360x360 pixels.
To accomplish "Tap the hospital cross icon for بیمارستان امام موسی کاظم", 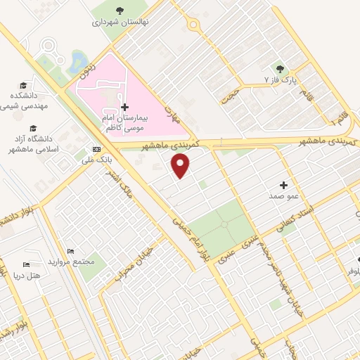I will pyautogui.click(x=125, y=107).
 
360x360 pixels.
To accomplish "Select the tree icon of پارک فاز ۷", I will pyautogui.click(x=281, y=68).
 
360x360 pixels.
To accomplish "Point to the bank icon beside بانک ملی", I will pyautogui.click(x=96, y=150).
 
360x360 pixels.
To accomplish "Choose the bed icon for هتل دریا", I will pyautogui.click(x=27, y=264).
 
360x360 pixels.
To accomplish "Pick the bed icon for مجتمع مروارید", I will pyautogui.click(x=70, y=251).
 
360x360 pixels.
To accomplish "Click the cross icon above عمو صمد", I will pyautogui.click(x=284, y=185).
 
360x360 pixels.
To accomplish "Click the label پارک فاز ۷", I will pyautogui.click(x=281, y=80).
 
